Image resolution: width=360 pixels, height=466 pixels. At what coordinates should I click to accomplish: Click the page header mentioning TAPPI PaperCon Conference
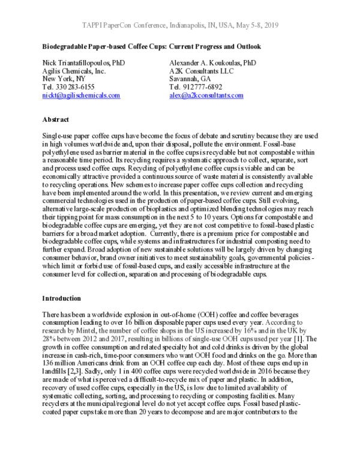[x=180, y=26]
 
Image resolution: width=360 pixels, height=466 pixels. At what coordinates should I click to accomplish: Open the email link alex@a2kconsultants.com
[x=206, y=95]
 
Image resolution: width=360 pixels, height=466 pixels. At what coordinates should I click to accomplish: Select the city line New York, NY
[x=64, y=79]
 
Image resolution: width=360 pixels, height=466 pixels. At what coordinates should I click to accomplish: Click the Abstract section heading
[x=56, y=120]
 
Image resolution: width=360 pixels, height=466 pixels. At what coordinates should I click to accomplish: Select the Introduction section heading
[x=62, y=298]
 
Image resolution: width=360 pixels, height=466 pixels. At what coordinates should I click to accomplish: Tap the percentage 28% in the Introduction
[x=49, y=339]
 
